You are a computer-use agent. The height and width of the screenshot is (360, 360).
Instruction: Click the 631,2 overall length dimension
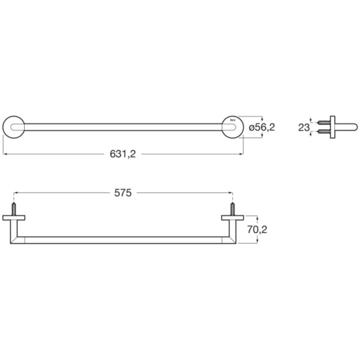(123, 154)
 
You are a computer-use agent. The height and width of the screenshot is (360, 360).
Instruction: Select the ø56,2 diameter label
(262, 127)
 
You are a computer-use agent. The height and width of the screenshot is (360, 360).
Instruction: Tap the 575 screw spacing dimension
(123, 193)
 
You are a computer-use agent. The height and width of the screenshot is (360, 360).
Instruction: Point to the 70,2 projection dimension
(257, 229)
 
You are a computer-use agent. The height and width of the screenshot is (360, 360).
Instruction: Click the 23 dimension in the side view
(304, 127)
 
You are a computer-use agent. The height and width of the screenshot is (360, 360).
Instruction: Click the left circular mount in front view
(14, 127)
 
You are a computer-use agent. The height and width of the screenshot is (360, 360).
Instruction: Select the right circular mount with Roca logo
(233, 127)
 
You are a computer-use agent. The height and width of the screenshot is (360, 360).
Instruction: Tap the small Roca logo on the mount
(233, 120)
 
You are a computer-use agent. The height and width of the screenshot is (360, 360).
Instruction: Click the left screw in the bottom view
(14, 209)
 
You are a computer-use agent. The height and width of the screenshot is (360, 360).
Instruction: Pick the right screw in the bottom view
(233, 209)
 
